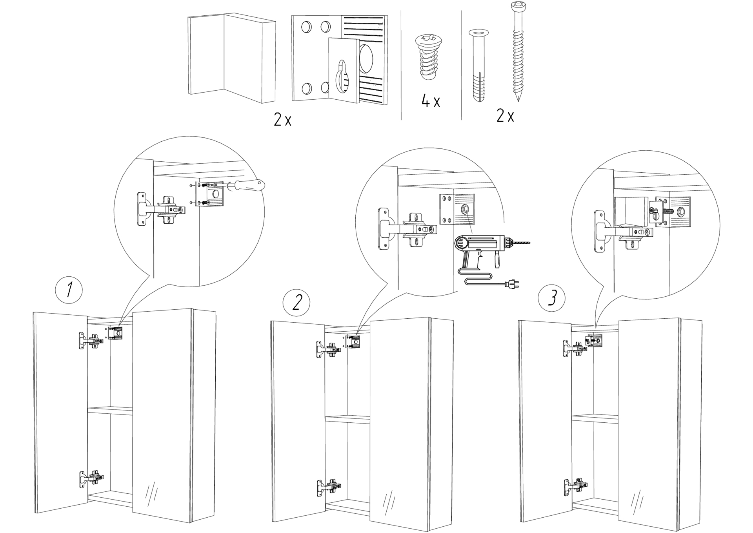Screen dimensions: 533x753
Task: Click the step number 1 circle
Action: tap(69, 291)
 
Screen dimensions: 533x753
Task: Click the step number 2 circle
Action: tap(296, 303)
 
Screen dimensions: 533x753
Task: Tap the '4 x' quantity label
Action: tap(431, 102)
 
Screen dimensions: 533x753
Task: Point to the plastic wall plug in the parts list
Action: tap(478, 65)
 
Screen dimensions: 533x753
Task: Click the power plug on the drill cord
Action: tap(513, 285)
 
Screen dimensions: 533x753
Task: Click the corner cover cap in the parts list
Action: tap(231, 59)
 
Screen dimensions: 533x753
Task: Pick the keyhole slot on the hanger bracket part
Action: tap(342, 77)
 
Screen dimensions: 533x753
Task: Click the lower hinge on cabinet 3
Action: tap(576, 486)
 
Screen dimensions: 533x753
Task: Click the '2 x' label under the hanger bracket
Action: tap(282, 120)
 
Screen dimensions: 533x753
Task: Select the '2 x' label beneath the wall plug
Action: tap(505, 116)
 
